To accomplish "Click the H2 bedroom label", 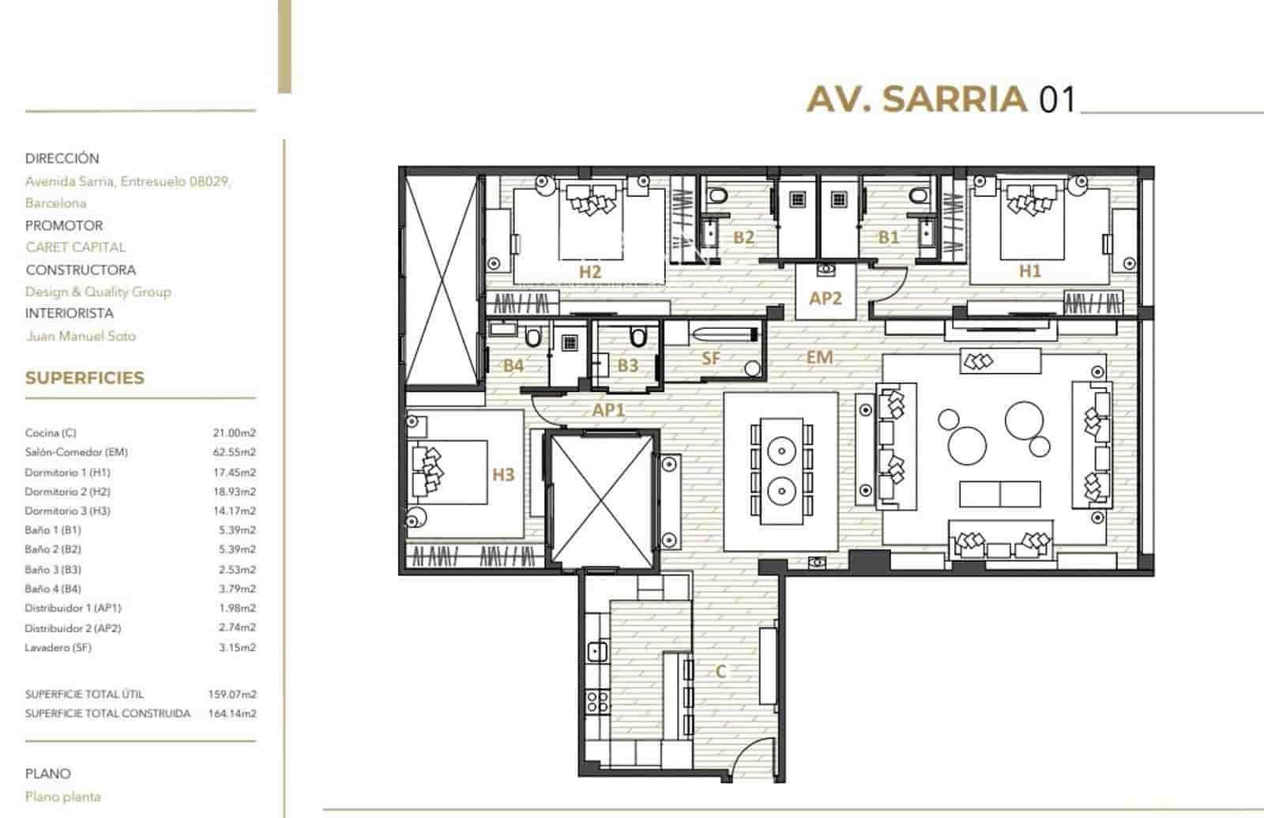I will (590, 271).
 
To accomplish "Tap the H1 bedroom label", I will (1029, 270).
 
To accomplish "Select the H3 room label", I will (503, 474).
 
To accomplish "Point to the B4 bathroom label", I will (513, 365).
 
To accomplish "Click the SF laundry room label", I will (711, 358).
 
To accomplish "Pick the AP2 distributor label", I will (826, 298).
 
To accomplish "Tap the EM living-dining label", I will (819, 357).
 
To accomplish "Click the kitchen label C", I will (720, 671).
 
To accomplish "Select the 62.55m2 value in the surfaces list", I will (235, 452).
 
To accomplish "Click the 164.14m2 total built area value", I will (235, 713).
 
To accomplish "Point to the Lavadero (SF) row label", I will (58, 647).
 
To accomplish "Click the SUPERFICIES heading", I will (85, 378).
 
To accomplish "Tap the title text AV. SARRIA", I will (916, 100).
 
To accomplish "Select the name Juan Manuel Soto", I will (81, 336).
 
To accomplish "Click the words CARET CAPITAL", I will (75, 247).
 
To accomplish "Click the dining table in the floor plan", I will (781, 472).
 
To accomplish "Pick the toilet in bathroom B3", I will (637, 338).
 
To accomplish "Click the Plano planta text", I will (63, 797).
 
